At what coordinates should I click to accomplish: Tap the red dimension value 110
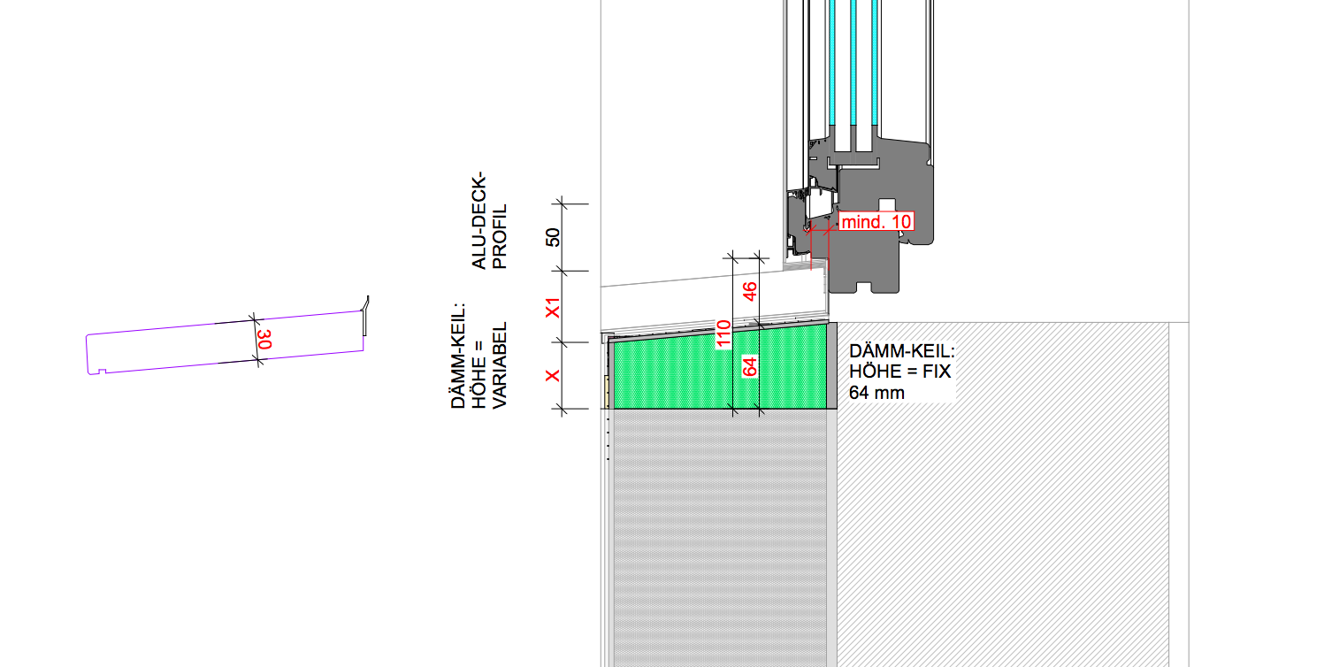[x=721, y=333]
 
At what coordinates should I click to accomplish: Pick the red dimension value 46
[x=750, y=293]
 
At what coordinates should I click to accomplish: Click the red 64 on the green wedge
[x=750, y=366]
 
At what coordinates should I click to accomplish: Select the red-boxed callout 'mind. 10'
[x=875, y=222]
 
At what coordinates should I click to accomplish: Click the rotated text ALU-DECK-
[x=478, y=221]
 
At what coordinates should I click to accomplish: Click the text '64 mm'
[x=876, y=392]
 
